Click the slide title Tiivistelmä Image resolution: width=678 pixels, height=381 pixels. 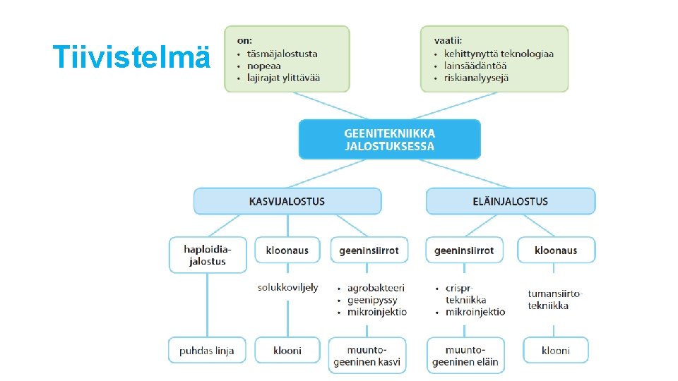point(132,56)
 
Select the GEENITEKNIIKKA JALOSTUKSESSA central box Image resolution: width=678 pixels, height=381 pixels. point(389,139)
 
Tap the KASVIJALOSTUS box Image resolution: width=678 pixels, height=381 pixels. point(287,201)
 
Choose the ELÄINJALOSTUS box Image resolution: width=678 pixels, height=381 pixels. point(510,201)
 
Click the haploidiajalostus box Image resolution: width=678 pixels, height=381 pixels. point(208,255)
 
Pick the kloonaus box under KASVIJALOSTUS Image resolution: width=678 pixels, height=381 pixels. point(287,250)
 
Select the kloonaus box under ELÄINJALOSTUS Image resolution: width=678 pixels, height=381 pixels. point(556,250)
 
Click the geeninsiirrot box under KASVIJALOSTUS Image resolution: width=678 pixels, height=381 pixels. point(369,250)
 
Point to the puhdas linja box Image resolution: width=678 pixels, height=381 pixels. point(207,350)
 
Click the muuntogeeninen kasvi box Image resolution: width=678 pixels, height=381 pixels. point(367,356)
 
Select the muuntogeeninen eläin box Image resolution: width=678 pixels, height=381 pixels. point(465,356)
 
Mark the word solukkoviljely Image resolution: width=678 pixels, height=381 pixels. point(287,287)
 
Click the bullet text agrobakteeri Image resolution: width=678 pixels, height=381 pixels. point(376,288)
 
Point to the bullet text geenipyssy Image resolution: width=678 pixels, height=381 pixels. point(371,300)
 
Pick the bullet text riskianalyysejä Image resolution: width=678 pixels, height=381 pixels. point(477,78)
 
